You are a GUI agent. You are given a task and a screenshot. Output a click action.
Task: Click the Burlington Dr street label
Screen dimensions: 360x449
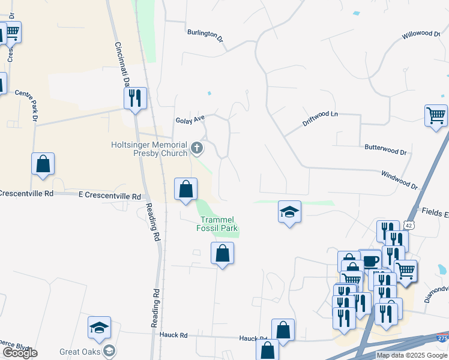tap(205, 35)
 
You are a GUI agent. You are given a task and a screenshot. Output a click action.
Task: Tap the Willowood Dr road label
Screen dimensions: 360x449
tap(421, 34)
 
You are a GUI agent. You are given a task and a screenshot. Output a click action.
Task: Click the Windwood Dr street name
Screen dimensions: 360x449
tap(399, 179)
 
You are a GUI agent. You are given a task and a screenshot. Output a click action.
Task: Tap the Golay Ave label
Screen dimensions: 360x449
tap(190, 120)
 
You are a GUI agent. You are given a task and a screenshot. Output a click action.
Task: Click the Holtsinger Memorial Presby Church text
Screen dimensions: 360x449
tap(149, 149)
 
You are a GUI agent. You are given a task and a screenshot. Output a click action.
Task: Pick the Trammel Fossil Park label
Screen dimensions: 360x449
tap(217, 224)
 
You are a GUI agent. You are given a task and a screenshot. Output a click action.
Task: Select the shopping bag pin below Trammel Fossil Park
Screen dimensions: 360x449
tap(222, 253)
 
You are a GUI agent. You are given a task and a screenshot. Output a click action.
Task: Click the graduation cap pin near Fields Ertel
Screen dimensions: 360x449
tap(289, 212)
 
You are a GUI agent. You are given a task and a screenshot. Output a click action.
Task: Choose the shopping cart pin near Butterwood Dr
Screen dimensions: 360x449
tap(436, 115)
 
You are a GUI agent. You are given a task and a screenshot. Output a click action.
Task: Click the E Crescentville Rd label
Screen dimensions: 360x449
tap(110, 196)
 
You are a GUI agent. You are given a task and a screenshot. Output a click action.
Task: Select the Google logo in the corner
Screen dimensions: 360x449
tap(20, 353)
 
